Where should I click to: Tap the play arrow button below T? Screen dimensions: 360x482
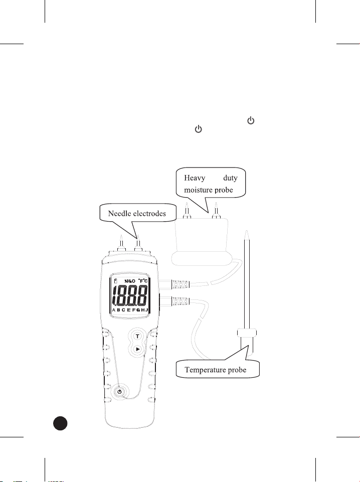137,350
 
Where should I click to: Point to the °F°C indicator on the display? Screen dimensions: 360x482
144,282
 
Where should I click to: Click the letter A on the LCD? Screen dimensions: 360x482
113,310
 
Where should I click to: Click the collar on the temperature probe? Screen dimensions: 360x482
246,332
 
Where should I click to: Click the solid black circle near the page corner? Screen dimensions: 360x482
61,423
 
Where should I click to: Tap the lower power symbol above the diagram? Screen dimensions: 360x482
198,130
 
